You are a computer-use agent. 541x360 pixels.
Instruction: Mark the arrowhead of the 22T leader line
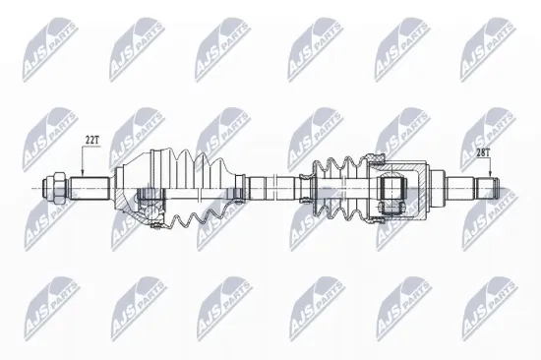coord(83,173)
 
